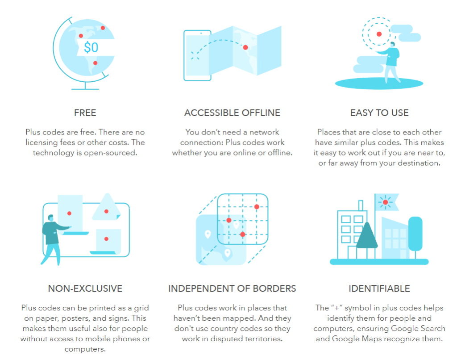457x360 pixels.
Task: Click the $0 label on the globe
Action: pyautogui.click(x=91, y=47)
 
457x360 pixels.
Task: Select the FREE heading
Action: pyautogui.click(x=85, y=113)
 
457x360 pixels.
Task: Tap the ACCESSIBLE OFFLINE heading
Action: pyautogui.click(x=232, y=113)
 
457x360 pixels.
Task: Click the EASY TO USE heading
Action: pyautogui.click(x=379, y=113)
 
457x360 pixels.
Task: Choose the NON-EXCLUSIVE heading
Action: pyautogui.click(x=85, y=288)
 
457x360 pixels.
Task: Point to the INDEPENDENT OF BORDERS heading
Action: pyautogui.click(x=232, y=288)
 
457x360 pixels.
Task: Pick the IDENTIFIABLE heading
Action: pyautogui.click(x=379, y=288)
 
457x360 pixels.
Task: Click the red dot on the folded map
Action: pyautogui.click(x=245, y=47)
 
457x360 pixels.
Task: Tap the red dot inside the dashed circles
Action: pyautogui.click(x=379, y=34)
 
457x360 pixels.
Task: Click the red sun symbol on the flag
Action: pyautogui.click(x=385, y=202)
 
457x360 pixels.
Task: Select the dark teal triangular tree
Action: pyautogui.click(x=367, y=236)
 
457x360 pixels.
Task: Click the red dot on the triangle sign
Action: pyautogui.click(x=106, y=211)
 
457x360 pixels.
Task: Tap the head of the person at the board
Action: pyautogui.click(x=51, y=218)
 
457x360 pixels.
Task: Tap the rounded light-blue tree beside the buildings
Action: pyautogui.click(x=415, y=234)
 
